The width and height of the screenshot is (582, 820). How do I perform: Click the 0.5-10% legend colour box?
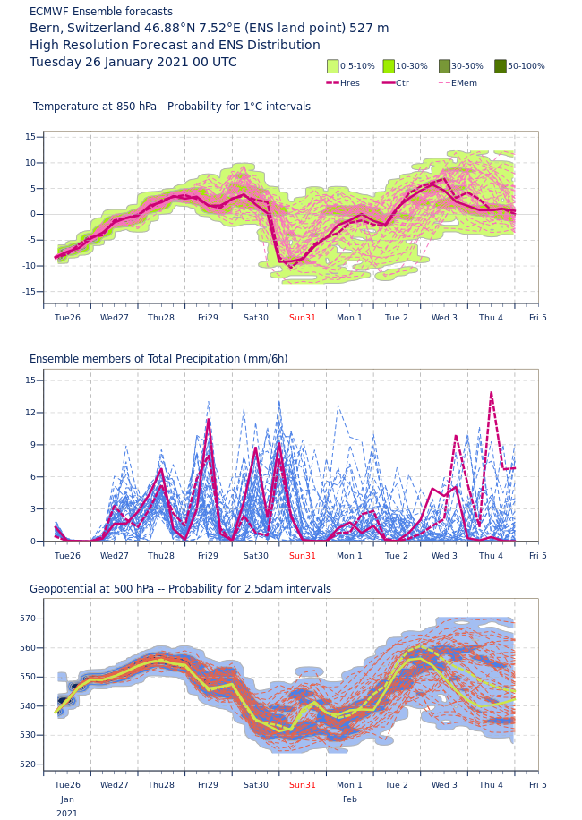click(333, 66)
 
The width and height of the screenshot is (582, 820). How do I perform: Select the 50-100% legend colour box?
click(501, 66)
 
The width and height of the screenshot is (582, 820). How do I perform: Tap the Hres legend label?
click(350, 83)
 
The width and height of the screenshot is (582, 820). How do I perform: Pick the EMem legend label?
click(464, 83)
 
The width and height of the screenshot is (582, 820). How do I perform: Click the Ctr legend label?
click(402, 83)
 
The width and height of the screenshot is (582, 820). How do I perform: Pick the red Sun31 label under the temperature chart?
click(303, 318)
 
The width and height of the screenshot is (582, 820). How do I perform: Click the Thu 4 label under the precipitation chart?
click(491, 556)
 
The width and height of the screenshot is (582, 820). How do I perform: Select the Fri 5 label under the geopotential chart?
click(538, 785)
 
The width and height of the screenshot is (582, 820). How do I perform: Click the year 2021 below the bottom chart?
click(67, 814)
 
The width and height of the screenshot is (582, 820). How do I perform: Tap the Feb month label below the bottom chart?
click(349, 799)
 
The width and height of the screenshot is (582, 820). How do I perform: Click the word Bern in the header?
click(45, 29)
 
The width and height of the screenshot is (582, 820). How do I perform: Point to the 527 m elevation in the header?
click(370, 29)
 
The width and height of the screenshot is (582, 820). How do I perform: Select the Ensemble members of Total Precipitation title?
click(158, 359)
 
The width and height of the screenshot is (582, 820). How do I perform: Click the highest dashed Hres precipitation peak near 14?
click(491, 392)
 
